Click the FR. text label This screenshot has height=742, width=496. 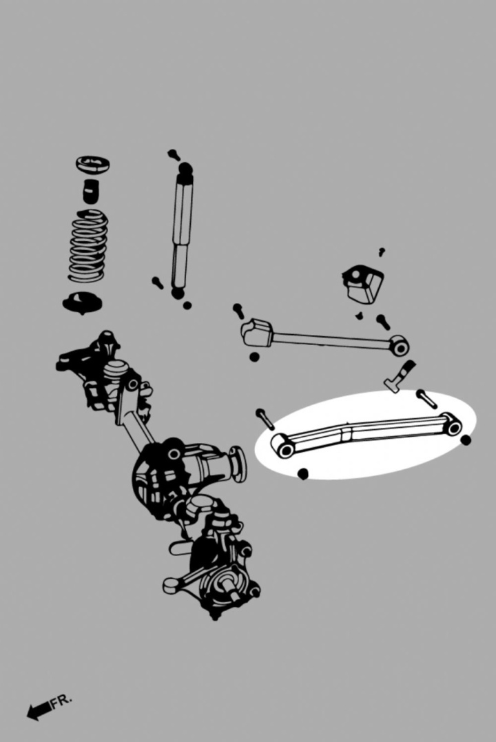(x=61, y=701)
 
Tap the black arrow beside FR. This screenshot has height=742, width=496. (x=39, y=710)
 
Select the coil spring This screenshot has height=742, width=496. (x=88, y=245)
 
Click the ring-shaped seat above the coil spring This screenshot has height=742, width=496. (x=93, y=165)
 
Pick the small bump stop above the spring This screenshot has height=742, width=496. (x=90, y=191)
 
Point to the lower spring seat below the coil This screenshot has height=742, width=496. (x=83, y=303)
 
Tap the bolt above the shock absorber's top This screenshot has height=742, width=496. (x=173, y=155)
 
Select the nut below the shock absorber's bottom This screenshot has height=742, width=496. (x=187, y=305)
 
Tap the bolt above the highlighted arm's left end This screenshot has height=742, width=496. (x=265, y=420)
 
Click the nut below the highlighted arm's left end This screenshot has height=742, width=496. (x=303, y=473)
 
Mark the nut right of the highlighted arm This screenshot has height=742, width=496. (x=466, y=440)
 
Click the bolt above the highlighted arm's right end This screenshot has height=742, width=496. (x=426, y=399)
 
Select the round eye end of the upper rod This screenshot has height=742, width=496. (x=400, y=346)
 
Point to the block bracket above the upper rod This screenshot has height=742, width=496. (x=362, y=284)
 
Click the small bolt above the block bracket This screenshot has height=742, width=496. (x=382, y=251)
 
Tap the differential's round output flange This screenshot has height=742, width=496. (x=238, y=464)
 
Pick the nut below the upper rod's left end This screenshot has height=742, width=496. (x=254, y=357)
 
